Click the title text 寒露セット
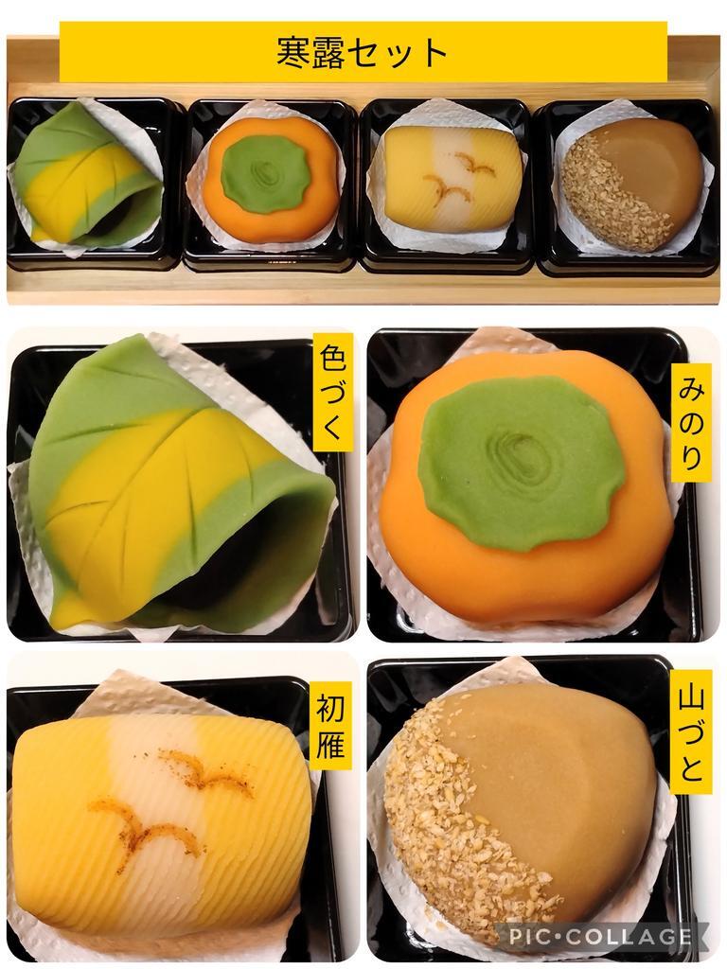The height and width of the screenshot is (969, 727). (x=363, y=53)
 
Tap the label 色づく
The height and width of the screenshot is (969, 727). (x=333, y=393)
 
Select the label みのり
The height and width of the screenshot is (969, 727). (x=690, y=424)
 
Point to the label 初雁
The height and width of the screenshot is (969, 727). (x=330, y=728)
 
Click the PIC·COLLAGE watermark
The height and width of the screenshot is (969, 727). (x=598, y=935)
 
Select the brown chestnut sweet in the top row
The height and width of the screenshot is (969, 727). (x=628, y=179)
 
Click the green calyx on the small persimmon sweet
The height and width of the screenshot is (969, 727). (x=266, y=172)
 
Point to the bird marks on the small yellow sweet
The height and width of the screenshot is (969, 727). (x=457, y=177)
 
